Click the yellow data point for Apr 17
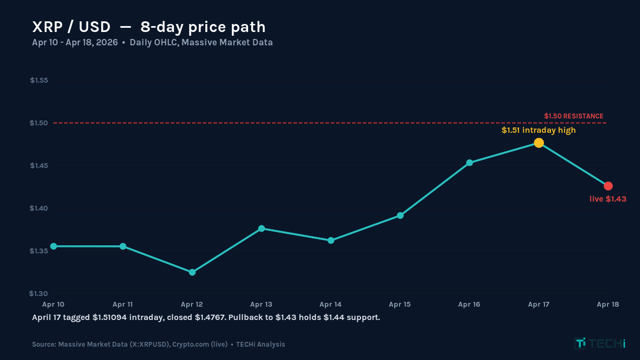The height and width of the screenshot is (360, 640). pos(539,143)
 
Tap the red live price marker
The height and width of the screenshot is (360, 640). pos(608,186)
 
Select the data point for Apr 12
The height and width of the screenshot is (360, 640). pos(192,272)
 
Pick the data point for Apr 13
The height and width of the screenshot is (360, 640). pos(261,228)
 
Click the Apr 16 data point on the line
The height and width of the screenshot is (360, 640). pos(469,163)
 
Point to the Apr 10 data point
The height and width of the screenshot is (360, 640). pos(53,246)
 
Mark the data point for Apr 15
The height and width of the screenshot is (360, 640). pos(400,215)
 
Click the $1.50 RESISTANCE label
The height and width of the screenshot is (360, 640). pos(573,116)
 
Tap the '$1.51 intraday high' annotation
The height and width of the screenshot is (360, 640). pos(538,130)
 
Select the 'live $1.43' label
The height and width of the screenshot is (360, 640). pos(607,199)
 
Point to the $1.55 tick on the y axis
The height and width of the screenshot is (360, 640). pos(39,81)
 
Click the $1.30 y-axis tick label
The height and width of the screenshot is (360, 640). pos(39,293)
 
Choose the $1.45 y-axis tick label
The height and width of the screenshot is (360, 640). pos(39,165)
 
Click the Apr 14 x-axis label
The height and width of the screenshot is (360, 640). pos(331,305)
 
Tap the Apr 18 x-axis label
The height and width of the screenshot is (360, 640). pos(607,305)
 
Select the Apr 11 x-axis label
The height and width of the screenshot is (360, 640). pos(123,305)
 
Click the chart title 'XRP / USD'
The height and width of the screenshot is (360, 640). pos(71,27)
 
